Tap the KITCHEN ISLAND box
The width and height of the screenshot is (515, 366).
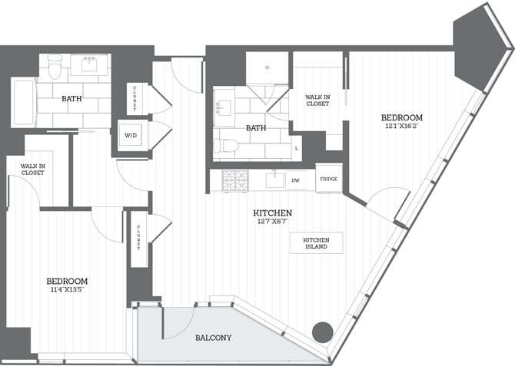point(316,243)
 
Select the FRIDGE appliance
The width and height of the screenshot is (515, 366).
point(328,179)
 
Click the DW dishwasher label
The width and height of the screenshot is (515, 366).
point(295,180)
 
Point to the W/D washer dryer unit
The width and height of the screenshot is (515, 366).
point(131,136)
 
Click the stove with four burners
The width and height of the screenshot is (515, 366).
point(235,180)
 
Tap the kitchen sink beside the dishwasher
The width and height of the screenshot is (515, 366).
point(274,180)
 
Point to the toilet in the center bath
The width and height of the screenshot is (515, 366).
point(229,146)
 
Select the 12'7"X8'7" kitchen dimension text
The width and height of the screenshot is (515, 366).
point(274,222)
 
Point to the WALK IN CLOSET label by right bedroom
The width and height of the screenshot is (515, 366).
point(317,101)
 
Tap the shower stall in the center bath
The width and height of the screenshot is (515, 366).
point(267,70)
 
